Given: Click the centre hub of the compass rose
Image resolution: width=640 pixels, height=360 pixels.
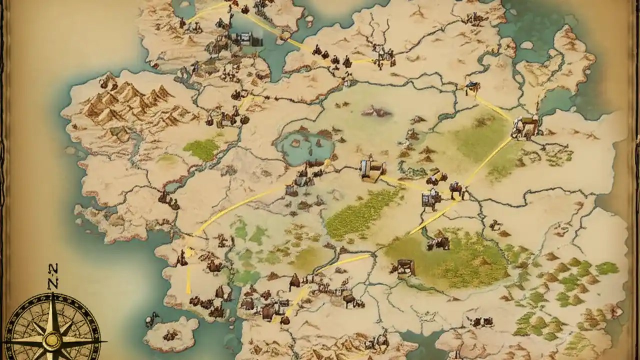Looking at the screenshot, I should coord(51,340).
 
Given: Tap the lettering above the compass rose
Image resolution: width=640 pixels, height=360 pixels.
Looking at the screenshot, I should coord(53,276).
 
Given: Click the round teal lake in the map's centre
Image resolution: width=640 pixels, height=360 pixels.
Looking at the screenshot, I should coord(305,145).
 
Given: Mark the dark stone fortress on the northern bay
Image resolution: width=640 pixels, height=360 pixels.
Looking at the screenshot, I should coord(245,38).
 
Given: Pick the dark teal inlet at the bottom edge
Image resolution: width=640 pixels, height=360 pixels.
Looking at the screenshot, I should coord(425,345).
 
